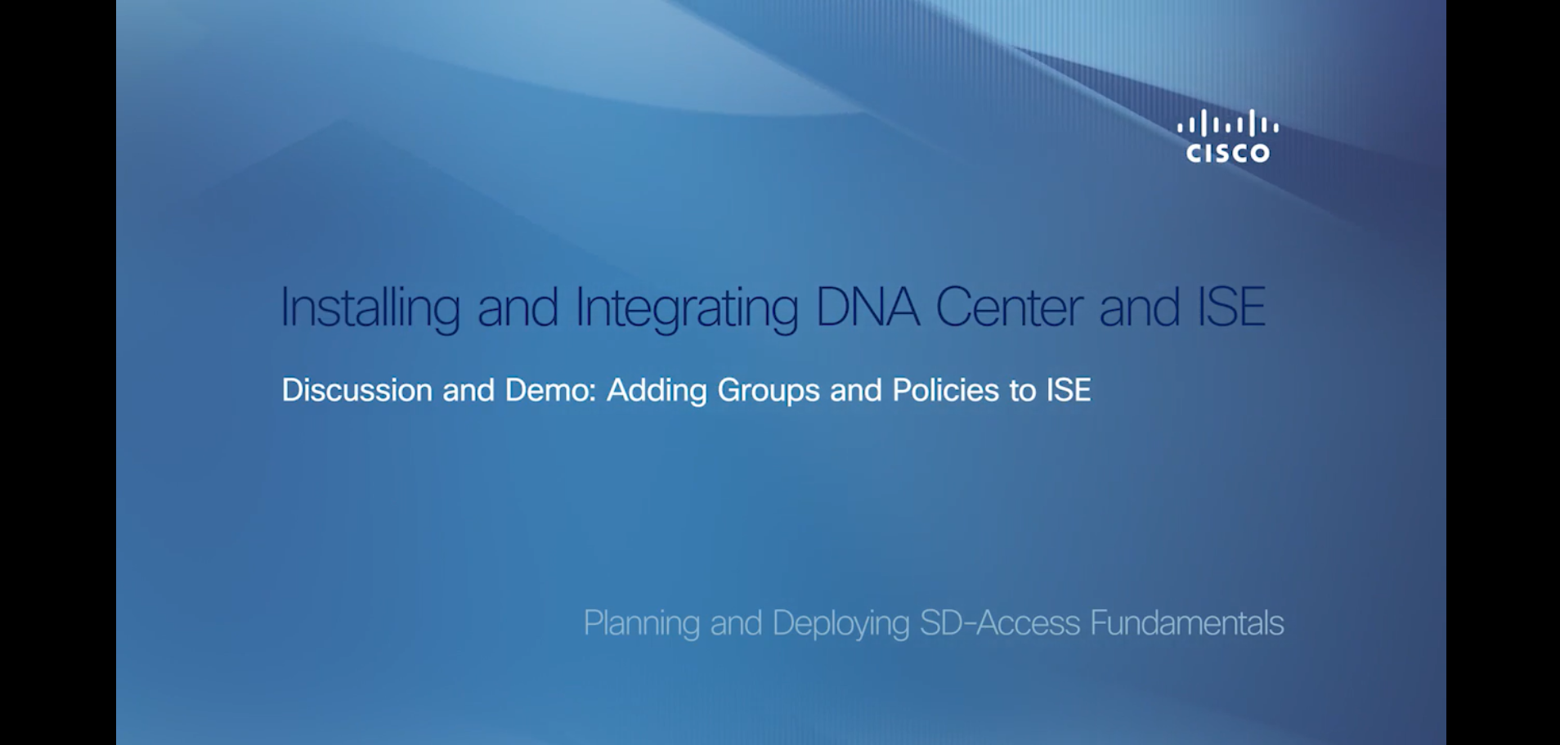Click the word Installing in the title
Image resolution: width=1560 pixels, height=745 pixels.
370,308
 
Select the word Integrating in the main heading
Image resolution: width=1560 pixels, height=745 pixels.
687,308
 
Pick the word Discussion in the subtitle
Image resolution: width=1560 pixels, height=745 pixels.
356,390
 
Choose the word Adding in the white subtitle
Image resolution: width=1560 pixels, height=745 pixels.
657,390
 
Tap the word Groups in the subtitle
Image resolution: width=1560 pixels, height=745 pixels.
769,391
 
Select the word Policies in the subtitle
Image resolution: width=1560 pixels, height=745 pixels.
945,390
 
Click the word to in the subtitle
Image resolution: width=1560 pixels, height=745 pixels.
1023,391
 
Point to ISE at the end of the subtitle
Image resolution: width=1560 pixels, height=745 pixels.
1069,390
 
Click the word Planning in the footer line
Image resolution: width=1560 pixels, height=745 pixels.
641,624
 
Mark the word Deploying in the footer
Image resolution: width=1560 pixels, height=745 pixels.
841,624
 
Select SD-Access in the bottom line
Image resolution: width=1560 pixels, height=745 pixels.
1000,623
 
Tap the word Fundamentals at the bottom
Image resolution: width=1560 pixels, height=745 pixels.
1187,623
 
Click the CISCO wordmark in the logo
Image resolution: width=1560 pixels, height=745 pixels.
1228,153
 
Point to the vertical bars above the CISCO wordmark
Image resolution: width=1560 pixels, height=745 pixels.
1228,125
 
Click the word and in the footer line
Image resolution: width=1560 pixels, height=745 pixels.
736,623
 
